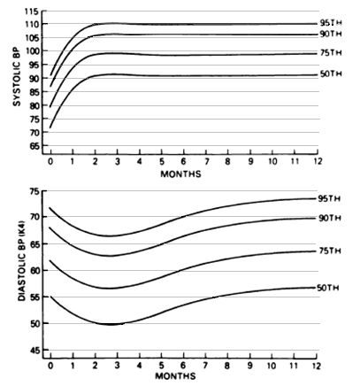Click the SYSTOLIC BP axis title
(17, 76)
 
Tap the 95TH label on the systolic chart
(331, 23)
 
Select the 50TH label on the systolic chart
(331, 74)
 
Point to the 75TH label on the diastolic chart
(330, 251)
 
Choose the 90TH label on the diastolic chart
(330, 218)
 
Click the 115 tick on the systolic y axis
(32, 12)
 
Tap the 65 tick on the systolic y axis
(34, 146)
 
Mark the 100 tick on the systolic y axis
(32, 51)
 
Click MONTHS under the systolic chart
(180, 174)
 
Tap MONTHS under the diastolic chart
(175, 376)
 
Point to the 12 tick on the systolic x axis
(317, 161)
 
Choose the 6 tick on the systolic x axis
(183, 161)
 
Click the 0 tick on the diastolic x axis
(50, 366)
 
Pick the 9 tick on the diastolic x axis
(250, 366)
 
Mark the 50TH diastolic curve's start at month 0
(50, 296)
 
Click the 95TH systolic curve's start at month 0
(50, 75)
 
